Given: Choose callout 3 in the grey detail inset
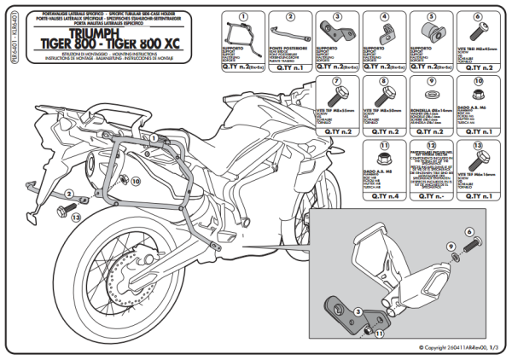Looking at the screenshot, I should (x=359, y=312).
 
